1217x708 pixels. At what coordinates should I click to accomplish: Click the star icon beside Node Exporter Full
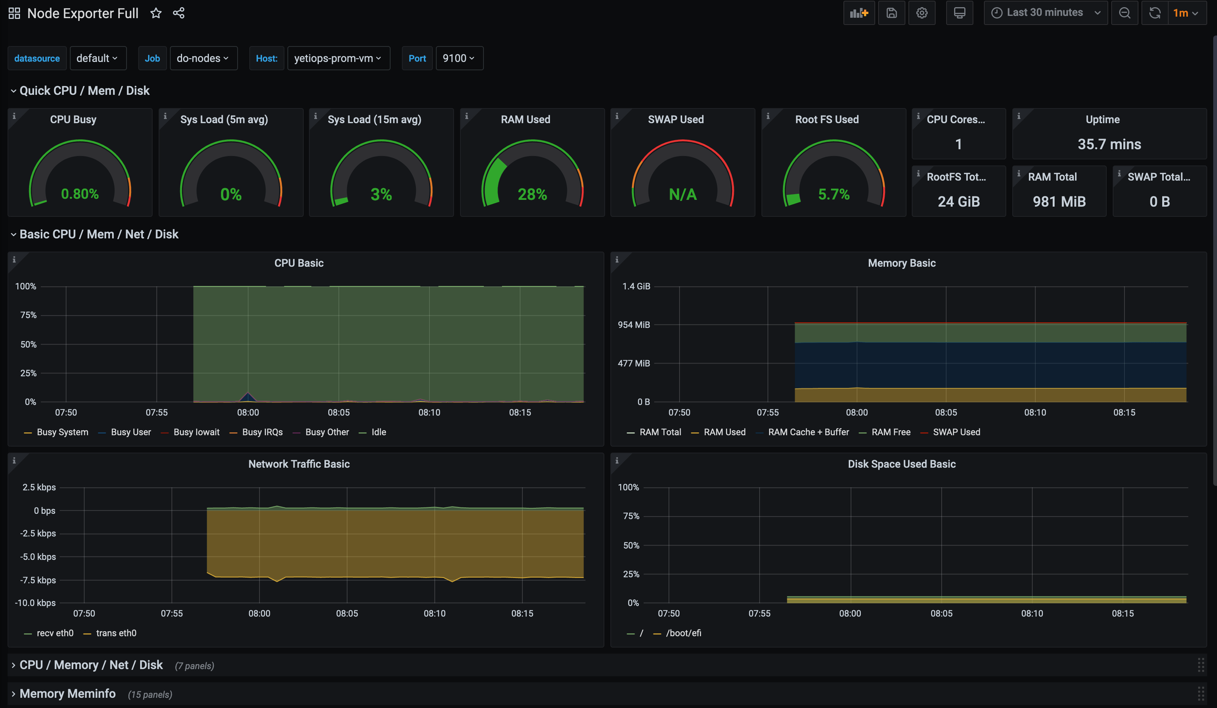coord(156,13)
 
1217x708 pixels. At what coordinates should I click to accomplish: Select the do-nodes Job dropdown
coord(203,59)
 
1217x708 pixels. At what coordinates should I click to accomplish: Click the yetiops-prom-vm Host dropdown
coord(338,59)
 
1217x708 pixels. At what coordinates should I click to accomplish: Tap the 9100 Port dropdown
coord(458,59)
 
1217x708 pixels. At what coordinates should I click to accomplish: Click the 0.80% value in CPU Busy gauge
coord(80,194)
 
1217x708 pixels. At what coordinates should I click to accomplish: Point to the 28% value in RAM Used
coord(532,194)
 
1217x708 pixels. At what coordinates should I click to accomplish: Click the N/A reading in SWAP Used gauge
coord(683,194)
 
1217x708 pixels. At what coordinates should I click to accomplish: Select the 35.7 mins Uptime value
coord(1109,144)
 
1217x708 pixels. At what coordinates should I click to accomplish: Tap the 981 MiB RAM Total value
coord(1059,201)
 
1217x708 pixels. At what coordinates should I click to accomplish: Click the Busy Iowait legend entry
coord(196,432)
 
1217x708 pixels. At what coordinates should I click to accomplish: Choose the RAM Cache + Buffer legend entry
coord(808,432)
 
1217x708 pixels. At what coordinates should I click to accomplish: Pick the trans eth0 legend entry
coord(116,633)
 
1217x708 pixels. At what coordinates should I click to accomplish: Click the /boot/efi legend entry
coord(683,633)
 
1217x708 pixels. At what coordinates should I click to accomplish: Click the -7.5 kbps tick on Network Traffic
coord(38,580)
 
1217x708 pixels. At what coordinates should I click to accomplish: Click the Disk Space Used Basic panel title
coord(901,464)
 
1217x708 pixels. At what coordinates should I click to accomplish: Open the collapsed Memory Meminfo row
coord(67,694)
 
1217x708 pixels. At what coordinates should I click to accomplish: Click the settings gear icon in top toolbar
coord(922,13)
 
